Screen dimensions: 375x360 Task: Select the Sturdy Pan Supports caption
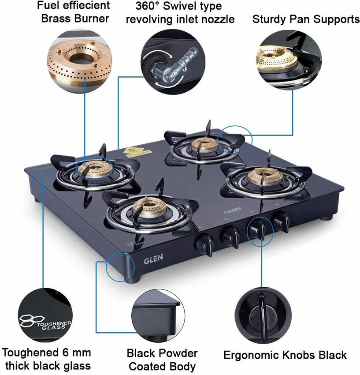tap(306, 19)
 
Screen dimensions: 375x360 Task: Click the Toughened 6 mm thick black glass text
tap(47, 359)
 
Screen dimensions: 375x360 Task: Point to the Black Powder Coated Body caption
tap(162, 360)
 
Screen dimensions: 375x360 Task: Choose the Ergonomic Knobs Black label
tap(285, 355)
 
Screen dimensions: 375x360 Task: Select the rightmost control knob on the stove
tap(280, 221)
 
